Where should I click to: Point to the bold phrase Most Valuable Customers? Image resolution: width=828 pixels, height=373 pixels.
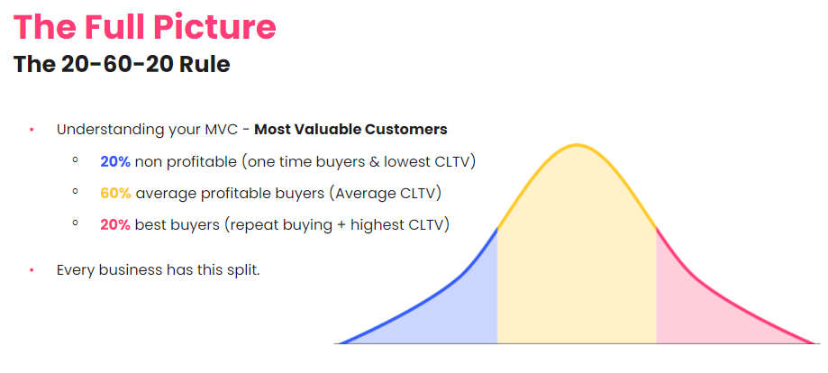coord(350,129)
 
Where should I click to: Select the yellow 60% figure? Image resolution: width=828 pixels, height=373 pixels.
coord(116,192)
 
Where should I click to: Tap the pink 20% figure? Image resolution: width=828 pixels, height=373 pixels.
coord(115,223)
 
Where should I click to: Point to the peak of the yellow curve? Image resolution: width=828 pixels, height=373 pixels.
coord(577,145)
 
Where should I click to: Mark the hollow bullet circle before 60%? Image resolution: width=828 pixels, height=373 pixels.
coord(77,192)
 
